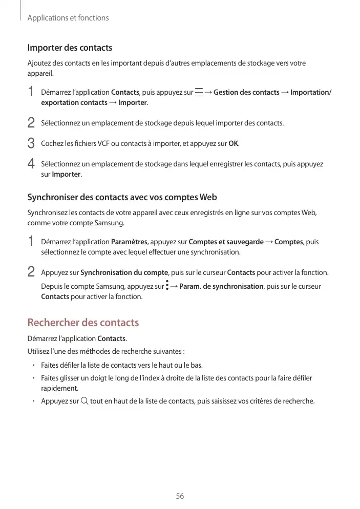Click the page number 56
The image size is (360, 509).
tap(180, 496)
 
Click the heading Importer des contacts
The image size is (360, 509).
tap(70, 48)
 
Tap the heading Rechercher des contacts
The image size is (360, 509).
tap(83, 323)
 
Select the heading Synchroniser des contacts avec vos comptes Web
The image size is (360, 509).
tap(122, 197)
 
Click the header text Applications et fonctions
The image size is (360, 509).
tap(68, 18)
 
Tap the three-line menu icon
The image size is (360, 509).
tap(198, 92)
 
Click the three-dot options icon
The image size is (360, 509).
tap(167, 286)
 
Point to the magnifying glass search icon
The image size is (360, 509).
tap(84, 400)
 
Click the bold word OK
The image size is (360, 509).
tap(234, 143)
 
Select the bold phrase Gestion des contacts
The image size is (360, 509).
tap(246, 92)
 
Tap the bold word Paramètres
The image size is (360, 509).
tap(129, 242)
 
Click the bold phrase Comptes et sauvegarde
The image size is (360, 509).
tap(226, 242)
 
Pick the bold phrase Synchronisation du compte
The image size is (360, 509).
tap(124, 272)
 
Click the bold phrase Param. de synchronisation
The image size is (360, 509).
tap(221, 286)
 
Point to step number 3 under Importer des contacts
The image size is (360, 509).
tap(31, 143)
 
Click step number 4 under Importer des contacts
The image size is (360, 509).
tap(31, 164)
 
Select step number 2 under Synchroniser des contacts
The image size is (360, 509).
tap(31, 272)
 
